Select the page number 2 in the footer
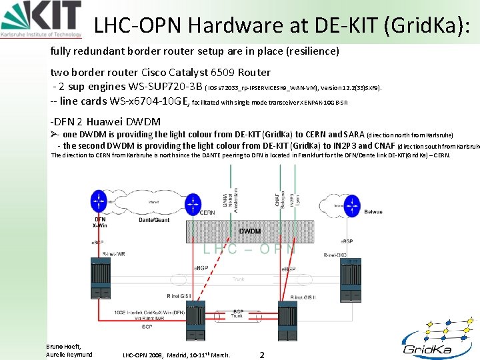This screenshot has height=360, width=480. pyautogui.click(x=262, y=355)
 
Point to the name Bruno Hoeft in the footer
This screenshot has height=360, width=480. pyautogui.click(x=63, y=346)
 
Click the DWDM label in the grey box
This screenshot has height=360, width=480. pyautogui.click(x=250, y=231)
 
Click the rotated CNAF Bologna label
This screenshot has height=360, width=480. pyautogui.click(x=279, y=197)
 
